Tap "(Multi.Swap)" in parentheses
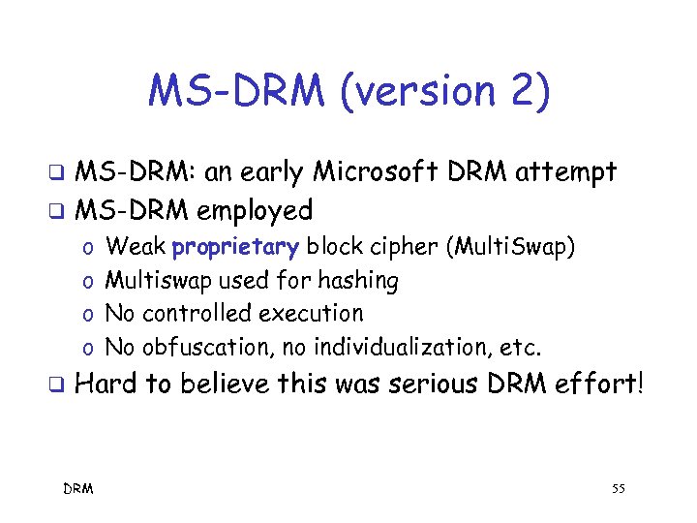tap(510, 248)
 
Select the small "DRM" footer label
tap(78, 489)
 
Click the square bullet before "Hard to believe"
tap(57, 385)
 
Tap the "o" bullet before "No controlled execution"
tap(87, 315)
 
